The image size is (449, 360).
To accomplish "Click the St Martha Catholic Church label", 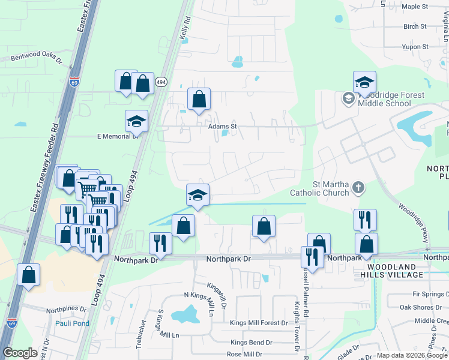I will point(319,188).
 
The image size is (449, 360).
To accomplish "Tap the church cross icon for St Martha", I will point(358,188).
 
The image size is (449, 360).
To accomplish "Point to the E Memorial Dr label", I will point(118,136).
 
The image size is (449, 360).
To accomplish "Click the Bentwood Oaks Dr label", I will point(37,57).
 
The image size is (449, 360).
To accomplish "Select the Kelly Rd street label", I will point(185,28).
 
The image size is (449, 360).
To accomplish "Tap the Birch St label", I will point(415,27).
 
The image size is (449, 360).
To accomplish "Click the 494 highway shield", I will point(160,81).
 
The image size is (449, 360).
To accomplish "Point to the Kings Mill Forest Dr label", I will point(259,323).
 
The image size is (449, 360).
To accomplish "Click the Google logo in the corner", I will point(20,353).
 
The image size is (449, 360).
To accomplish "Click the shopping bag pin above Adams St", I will point(199,99).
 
